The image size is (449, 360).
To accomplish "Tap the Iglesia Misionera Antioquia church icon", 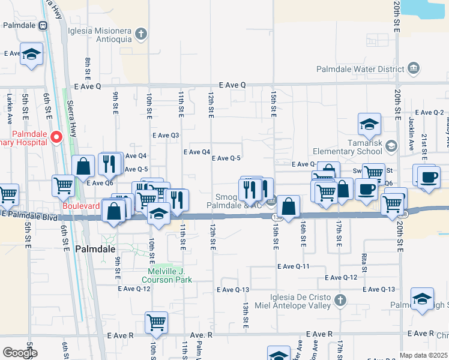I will pos(140,33).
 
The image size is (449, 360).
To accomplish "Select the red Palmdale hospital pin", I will pos(56,137).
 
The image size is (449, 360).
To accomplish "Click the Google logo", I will pos(20,353).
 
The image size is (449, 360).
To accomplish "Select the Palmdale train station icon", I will pos(43,26).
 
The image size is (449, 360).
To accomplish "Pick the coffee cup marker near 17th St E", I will pos(366,188).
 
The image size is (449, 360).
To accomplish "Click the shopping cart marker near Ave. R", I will pos(156,322).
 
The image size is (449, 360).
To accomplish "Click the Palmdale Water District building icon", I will pos(413,69).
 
